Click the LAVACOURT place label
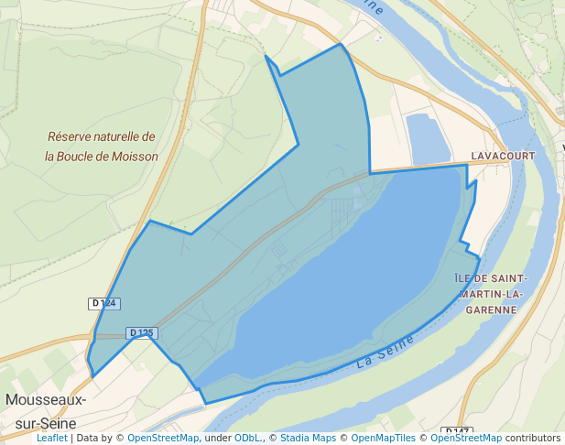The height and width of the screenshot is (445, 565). coord(503,157)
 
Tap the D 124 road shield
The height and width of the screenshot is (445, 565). coord(104,303)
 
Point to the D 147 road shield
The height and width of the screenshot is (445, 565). coord(456,430)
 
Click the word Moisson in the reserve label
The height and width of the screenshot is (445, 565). coord(136,157)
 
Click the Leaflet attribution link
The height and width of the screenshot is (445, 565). coord(51,439)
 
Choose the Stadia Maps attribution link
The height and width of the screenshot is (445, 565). coord(307,439)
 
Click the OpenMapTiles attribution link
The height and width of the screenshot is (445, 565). coord(380,439)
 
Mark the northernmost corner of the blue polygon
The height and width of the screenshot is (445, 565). coord(341,43)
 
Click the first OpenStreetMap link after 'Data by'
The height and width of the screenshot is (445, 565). coord(162,439)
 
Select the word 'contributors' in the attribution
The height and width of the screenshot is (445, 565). coord(533,439)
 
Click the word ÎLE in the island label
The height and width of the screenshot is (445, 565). coord(464,277)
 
